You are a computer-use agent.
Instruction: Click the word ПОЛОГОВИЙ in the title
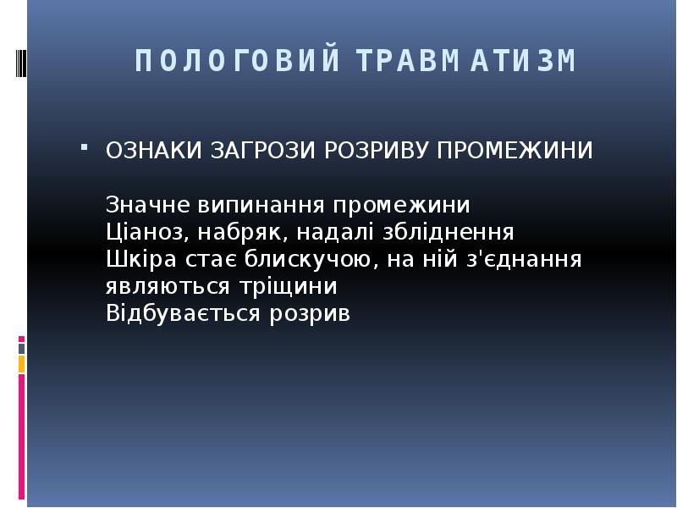(237, 62)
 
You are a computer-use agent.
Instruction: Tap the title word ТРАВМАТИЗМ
(465, 62)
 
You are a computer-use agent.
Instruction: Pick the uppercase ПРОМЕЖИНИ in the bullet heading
(515, 151)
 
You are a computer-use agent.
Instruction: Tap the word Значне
(149, 206)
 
